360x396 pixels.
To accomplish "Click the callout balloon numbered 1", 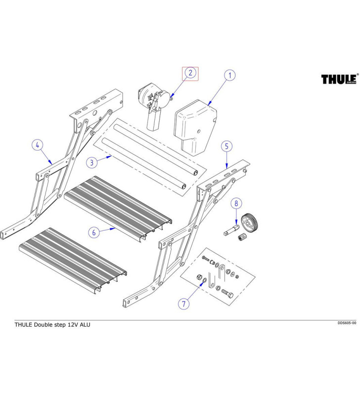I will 229,75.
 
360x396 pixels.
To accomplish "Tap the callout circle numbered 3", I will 91,162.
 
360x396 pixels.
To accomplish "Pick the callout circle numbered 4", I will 38,146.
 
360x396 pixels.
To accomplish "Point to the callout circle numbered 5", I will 226,146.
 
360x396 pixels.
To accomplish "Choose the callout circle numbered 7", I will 183,303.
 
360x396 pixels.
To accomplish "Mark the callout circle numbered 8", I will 236,203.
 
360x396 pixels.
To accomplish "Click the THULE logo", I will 339,79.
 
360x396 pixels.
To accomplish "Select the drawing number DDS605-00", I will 347,323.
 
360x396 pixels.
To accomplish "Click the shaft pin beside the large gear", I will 231,230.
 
